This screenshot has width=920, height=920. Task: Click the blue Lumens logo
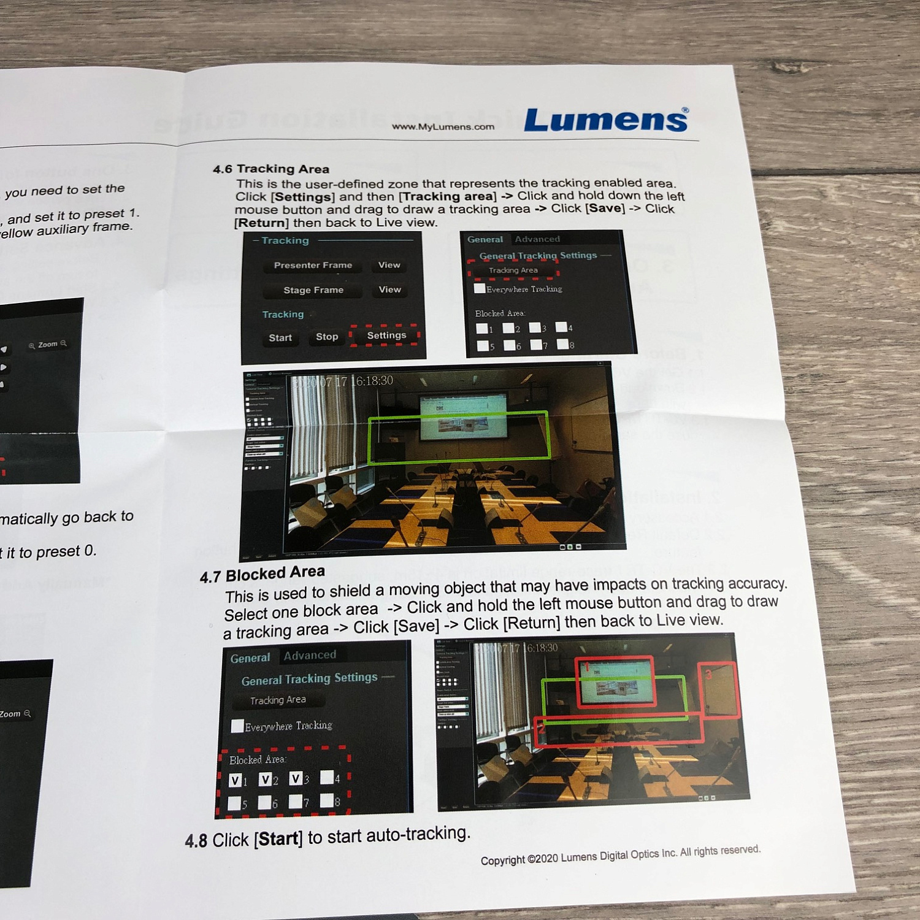pos(606,120)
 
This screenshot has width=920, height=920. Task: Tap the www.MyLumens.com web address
pos(443,127)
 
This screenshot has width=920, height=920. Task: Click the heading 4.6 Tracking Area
pos(271,169)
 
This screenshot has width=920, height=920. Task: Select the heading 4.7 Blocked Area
pos(263,574)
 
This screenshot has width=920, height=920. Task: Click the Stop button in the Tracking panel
pos(327,337)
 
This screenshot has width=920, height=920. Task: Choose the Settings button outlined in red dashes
pos(386,335)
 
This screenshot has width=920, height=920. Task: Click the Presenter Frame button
pos(313,265)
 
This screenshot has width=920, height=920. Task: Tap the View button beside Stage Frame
pos(389,289)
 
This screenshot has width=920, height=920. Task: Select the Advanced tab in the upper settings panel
pos(537,239)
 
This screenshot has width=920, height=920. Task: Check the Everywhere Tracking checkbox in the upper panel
pos(480,288)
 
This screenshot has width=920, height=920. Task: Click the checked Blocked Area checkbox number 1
pos(235,780)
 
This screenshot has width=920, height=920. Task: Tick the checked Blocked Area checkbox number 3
pos(296,778)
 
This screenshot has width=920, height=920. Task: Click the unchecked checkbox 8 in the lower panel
pos(327,800)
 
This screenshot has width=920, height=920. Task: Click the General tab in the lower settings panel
pos(250,658)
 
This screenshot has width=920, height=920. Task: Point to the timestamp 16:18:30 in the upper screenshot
pos(374,381)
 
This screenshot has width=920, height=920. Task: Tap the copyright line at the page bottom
pos(620,855)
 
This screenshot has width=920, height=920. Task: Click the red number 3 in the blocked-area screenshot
pos(708,675)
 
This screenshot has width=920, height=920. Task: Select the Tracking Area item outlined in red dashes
pos(513,270)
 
